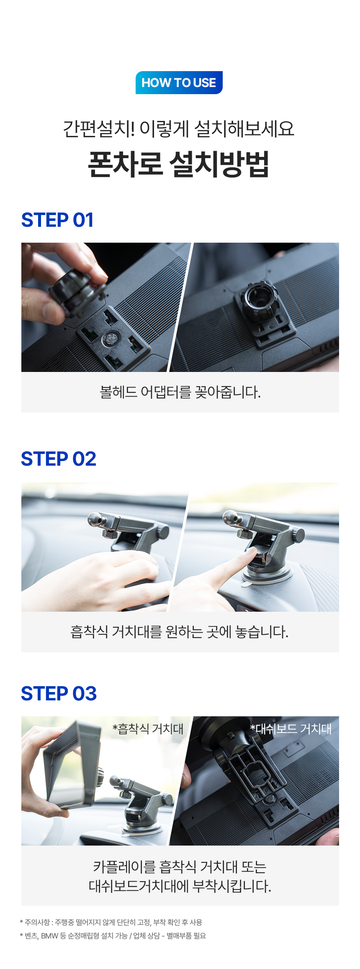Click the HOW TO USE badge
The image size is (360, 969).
[179, 82]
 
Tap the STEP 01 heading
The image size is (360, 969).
[57, 220]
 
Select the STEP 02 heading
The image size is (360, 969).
[59, 459]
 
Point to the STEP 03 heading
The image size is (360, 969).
[59, 694]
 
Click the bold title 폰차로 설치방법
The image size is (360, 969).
[179, 164]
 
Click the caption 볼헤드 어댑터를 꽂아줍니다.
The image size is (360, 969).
[180, 392]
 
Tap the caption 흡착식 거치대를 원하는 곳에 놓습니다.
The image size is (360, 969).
[180, 632]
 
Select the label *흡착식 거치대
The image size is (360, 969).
[148, 729]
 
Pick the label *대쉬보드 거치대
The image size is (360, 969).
[291, 729]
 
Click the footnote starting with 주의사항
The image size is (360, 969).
[111, 922]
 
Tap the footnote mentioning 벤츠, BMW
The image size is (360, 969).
[113, 936]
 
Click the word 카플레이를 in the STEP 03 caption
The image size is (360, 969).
[124, 866]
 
